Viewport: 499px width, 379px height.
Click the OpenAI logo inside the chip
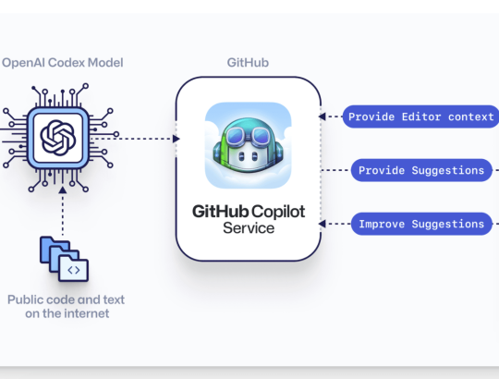[x=58, y=138]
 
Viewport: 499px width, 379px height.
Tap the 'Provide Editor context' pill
[x=420, y=116]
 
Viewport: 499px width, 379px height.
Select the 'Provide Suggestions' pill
[x=421, y=170]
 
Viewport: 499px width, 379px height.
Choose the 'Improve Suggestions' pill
[x=421, y=224]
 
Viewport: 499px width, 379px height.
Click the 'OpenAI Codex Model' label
[x=63, y=63]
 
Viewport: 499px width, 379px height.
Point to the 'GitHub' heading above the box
[x=248, y=63]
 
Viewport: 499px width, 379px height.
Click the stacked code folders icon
[x=64, y=259]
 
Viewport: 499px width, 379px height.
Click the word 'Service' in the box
[x=249, y=228]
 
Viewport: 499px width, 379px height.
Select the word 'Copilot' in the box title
[x=279, y=213]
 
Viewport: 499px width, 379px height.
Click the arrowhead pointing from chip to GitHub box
[x=176, y=139]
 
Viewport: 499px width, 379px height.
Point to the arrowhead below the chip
[x=63, y=190]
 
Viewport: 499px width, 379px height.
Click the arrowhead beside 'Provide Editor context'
[x=323, y=116]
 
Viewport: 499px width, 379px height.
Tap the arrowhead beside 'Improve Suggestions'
[x=323, y=224]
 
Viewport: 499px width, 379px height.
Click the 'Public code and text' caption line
[x=66, y=300]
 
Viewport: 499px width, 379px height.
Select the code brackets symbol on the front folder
[x=74, y=270]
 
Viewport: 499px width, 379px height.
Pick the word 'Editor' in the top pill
[x=421, y=116]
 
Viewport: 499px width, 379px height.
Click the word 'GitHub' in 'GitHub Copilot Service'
[x=220, y=212]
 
